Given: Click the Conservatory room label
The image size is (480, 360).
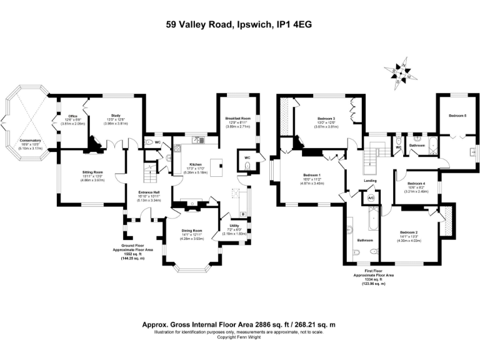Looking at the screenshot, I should click(x=29, y=141).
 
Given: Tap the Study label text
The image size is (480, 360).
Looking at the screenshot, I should click(x=116, y=116).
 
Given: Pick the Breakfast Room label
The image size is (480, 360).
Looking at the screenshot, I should click(x=237, y=118).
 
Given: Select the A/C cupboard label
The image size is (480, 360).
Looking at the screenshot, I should click(x=371, y=198).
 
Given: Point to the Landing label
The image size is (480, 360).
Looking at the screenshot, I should click(x=371, y=181).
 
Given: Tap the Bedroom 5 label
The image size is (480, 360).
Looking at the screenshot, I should click(x=457, y=116).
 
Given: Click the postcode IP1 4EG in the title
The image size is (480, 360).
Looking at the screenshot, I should click(x=289, y=25).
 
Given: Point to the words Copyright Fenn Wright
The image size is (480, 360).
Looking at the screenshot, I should click(x=240, y=337).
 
